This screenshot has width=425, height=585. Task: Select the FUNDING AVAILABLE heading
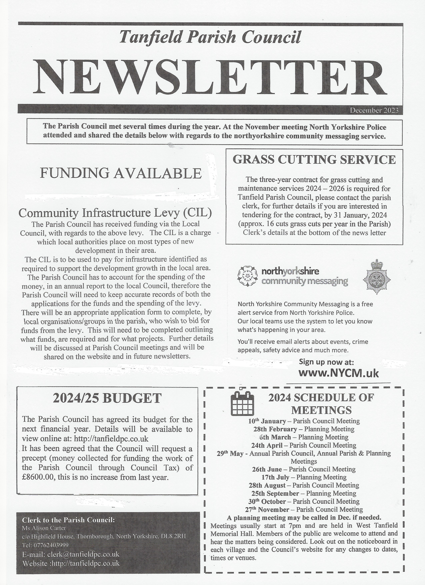tap(121, 173)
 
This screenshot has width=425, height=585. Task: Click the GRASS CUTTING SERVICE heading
tap(314, 160)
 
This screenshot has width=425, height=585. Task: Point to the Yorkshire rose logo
tap(247, 276)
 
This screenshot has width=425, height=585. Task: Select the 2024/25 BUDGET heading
tap(107, 398)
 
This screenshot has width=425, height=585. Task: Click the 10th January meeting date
tap(267, 421)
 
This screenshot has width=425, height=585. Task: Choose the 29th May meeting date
tap(230, 453)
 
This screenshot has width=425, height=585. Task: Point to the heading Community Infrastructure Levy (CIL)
tap(115, 213)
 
